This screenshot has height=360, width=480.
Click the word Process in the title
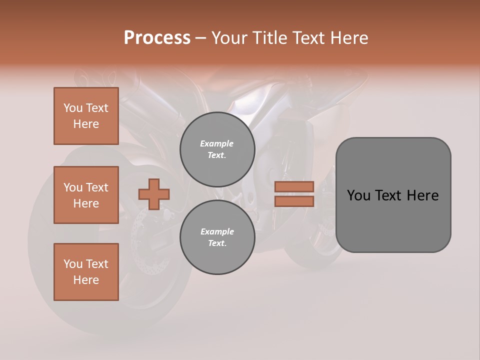click(x=157, y=38)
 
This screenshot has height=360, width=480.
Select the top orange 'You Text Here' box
click(x=86, y=116)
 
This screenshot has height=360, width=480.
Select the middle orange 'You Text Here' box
click(x=86, y=195)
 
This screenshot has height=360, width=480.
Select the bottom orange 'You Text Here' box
click(x=86, y=272)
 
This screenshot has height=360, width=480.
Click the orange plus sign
click(x=154, y=194)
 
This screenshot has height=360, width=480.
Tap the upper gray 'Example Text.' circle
click(x=217, y=149)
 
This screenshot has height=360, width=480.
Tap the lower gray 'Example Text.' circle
click(x=217, y=237)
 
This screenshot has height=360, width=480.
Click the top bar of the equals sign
click(x=294, y=186)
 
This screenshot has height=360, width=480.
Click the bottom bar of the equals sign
click(x=294, y=201)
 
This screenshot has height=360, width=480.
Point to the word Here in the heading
click(x=348, y=38)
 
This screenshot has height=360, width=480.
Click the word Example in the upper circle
click(x=217, y=143)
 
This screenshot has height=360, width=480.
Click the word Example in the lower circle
click(x=217, y=231)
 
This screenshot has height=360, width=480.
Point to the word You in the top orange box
click(x=73, y=108)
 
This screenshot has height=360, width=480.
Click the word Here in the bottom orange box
click(x=86, y=280)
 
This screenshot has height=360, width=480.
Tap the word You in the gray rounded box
click(x=358, y=195)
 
